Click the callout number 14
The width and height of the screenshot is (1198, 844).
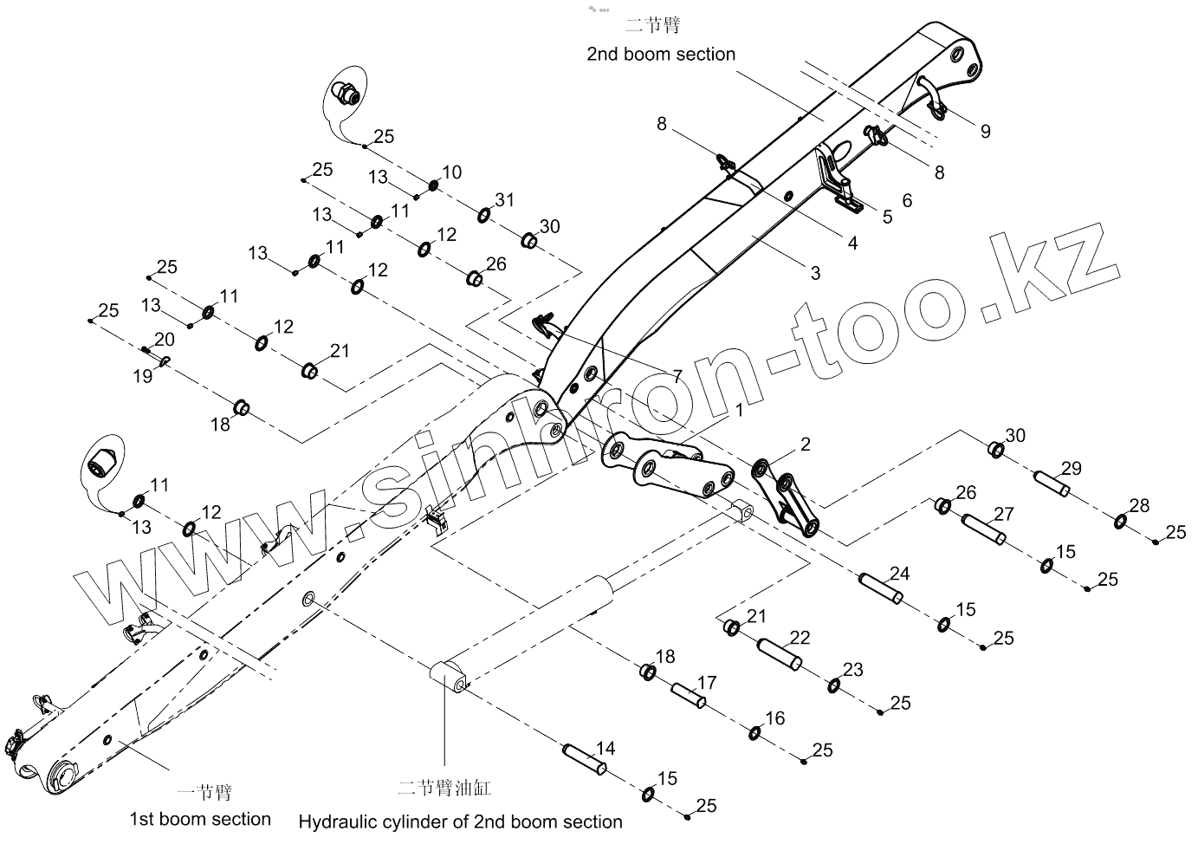(605, 748)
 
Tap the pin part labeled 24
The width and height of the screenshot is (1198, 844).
(880, 588)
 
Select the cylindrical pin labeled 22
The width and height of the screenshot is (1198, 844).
(780, 653)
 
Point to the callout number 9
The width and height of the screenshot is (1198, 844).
(985, 131)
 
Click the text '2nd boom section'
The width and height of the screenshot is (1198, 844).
(661, 54)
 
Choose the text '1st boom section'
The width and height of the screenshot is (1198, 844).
(200, 819)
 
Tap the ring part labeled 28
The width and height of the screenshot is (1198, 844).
(1120, 522)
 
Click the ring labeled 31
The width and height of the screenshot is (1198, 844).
(484, 215)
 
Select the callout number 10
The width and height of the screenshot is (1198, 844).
(451, 172)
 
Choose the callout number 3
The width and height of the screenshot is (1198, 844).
(814, 273)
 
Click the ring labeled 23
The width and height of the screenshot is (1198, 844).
(832, 686)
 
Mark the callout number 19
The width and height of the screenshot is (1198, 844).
(142, 376)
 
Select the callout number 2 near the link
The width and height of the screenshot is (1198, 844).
(806, 445)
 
